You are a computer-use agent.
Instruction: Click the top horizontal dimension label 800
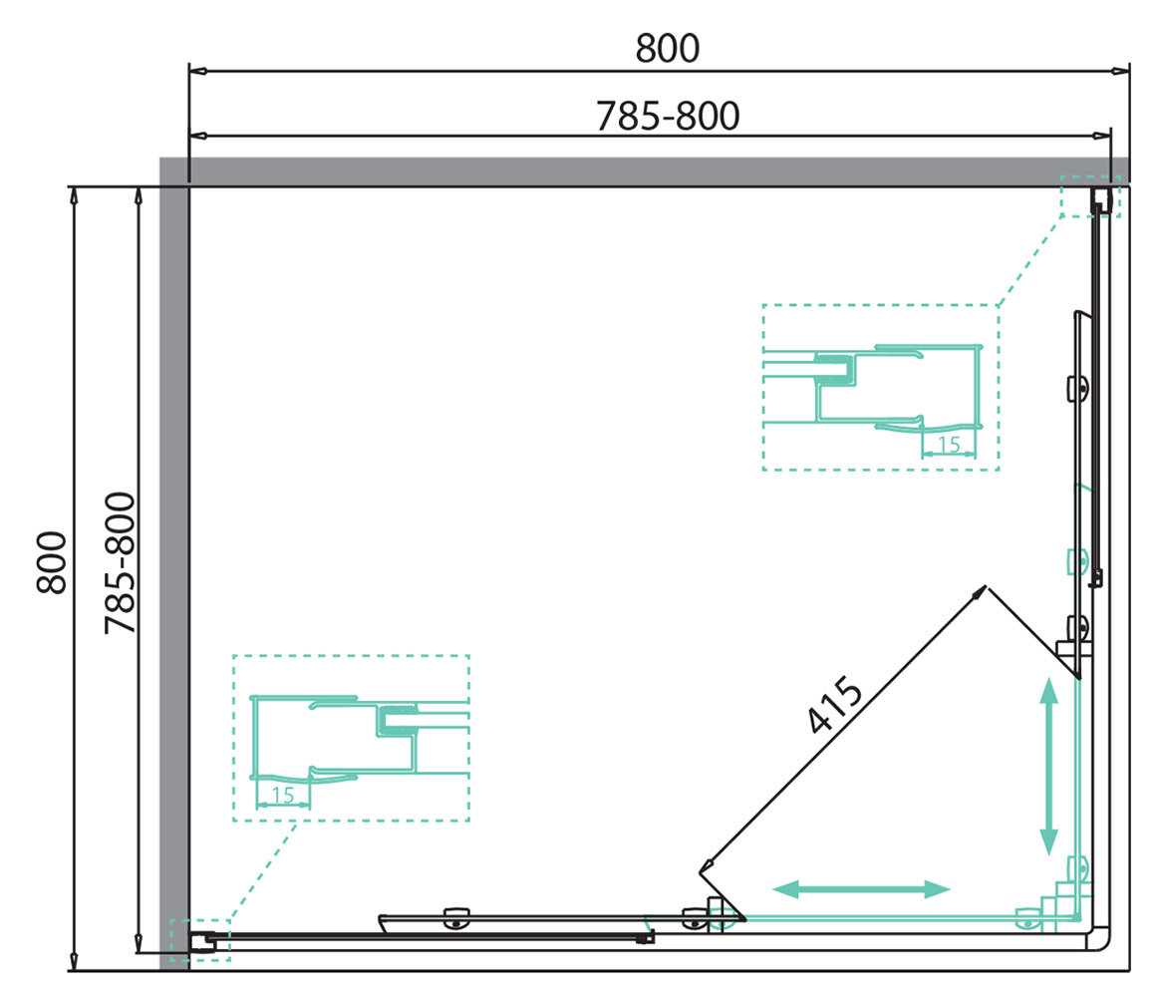[x=668, y=49]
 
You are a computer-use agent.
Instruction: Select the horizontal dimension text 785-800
[x=668, y=117]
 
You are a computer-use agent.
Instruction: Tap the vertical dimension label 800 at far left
[x=52, y=562]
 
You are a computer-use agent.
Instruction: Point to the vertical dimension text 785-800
[x=120, y=563]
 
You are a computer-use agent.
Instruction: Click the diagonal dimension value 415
[x=835, y=704]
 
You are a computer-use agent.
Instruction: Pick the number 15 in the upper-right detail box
[x=949, y=445]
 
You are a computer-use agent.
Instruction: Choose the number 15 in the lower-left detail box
[x=283, y=796]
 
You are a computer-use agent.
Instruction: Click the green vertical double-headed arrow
[x=1048, y=767]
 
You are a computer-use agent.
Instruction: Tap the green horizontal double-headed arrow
[x=861, y=889]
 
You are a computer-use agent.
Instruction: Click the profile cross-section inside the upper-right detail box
[x=873, y=387]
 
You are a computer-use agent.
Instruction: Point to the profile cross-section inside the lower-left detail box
[x=360, y=739]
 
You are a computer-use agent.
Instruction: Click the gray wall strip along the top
[x=645, y=171]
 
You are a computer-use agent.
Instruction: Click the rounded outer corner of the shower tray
[x=1104, y=942]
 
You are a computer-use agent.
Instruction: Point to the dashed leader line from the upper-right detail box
[x=1029, y=260]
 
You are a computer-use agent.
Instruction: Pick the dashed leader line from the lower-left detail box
[x=263, y=870]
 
